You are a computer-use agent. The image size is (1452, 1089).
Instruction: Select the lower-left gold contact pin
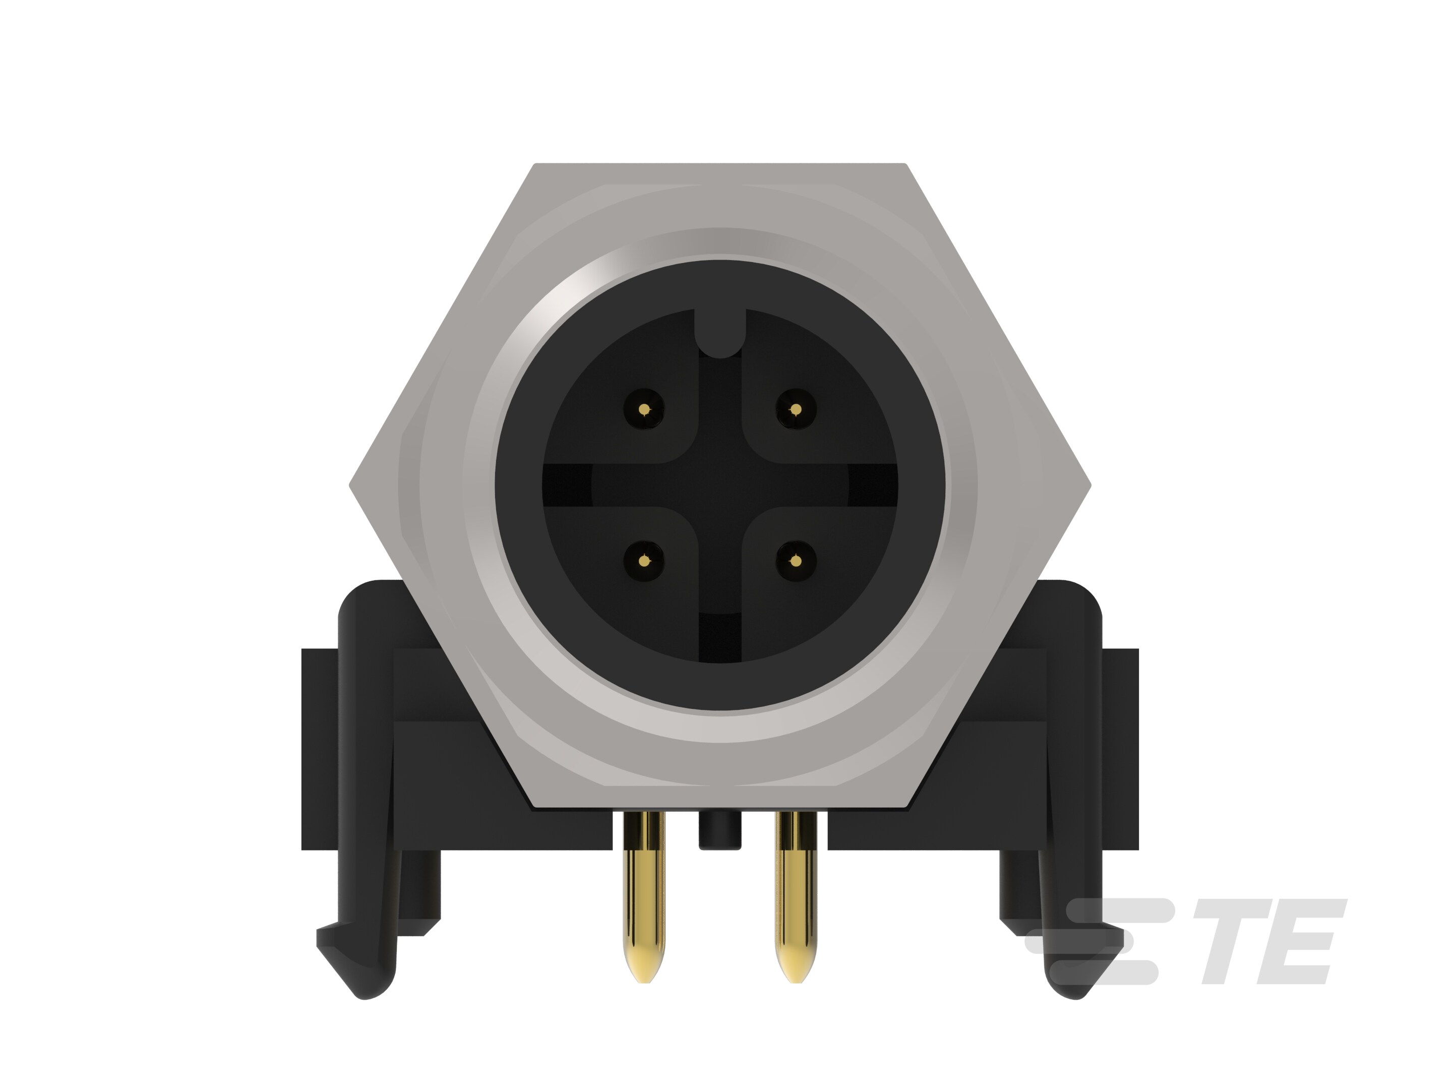coord(644,561)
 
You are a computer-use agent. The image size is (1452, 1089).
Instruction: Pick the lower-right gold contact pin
coord(796,561)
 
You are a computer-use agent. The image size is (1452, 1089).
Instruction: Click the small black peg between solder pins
coord(720,832)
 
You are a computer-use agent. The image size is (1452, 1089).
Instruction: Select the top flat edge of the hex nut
coord(720,165)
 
